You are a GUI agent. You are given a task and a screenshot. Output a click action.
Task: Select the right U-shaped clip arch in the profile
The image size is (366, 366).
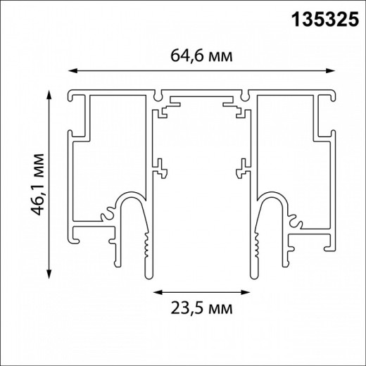pyautogui.click(x=274, y=201)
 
